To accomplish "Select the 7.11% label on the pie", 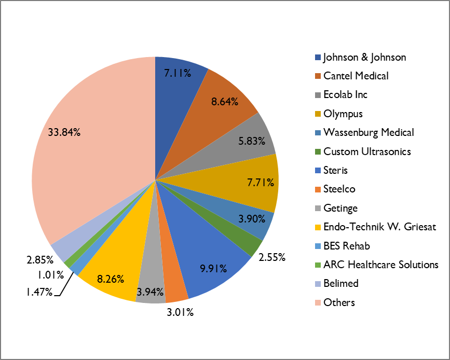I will [x=178, y=74].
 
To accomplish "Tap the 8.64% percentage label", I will [x=225, y=102].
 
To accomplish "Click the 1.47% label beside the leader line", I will [x=40, y=292].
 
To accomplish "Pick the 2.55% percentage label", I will [x=271, y=256].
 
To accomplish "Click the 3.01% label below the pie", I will [x=180, y=312].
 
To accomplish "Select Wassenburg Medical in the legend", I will [x=369, y=132].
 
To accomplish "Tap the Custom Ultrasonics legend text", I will [x=367, y=151].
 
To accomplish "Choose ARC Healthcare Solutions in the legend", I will [x=380, y=265].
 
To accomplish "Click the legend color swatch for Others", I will [x=318, y=302].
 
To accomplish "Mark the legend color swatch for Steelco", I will [x=318, y=189].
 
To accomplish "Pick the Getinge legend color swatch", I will [x=318, y=208].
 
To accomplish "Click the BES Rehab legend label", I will [x=346, y=246].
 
